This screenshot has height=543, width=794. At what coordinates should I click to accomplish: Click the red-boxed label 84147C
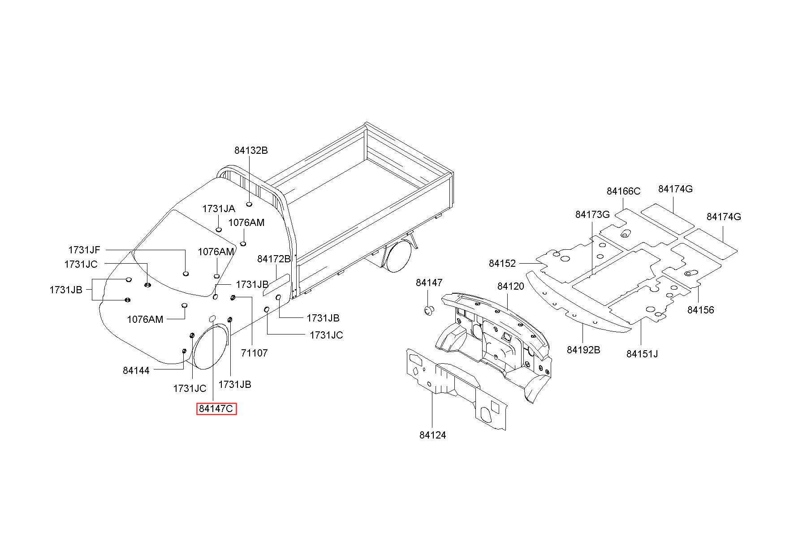216,409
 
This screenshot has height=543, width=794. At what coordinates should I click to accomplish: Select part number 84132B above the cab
251,150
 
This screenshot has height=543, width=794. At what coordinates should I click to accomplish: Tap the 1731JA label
219,209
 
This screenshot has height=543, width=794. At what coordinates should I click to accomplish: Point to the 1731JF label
84,250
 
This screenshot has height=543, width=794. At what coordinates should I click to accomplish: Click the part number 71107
254,353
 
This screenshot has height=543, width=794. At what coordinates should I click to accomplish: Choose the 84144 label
136,370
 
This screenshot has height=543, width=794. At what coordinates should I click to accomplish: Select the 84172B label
274,259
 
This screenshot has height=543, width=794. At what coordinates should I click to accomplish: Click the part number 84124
433,435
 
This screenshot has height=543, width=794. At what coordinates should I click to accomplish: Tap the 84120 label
510,286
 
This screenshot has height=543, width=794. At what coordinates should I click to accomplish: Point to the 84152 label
502,263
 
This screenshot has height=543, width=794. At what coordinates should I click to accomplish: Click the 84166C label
624,191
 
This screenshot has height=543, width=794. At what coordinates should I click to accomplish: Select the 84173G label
592,214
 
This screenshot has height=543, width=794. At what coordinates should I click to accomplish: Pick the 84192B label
583,350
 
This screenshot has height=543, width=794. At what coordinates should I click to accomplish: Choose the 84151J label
642,354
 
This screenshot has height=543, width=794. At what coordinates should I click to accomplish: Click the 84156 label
701,310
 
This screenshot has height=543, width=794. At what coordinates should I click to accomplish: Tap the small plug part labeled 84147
429,310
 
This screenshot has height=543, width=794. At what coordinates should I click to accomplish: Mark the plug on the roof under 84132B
249,204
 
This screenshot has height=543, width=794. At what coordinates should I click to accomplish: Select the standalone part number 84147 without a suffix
429,282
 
